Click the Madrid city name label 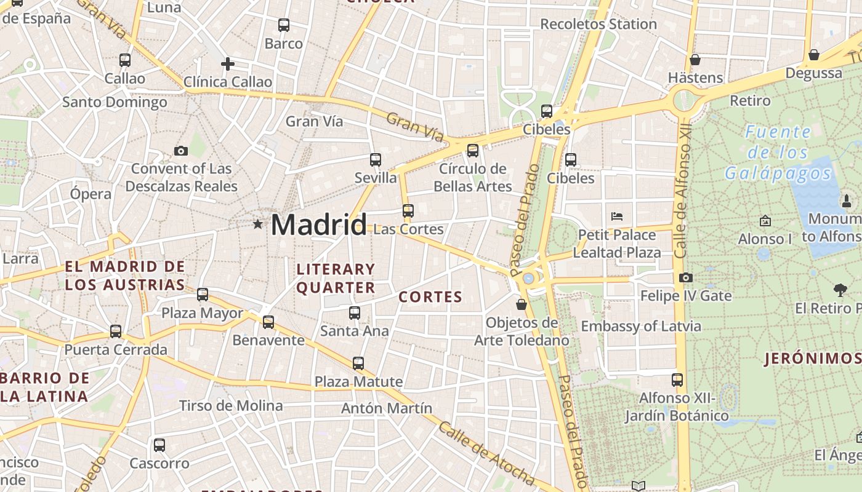(318, 224)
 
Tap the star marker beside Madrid (257, 224)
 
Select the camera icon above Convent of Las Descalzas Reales (181, 151)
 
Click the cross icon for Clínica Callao (228, 64)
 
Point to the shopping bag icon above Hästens (695, 60)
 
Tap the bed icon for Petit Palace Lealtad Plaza (617, 216)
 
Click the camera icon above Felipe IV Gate (686, 278)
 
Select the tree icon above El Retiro (840, 290)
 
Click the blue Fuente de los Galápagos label (778, 152)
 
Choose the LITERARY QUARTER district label (336, 278)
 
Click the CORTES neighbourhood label (430, 297)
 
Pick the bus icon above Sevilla (376, 160)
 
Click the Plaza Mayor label (202, 313)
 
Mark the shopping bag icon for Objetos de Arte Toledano (522, 304)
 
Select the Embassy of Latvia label (641, 326)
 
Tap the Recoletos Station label (598, 24)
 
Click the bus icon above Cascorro (159, 445)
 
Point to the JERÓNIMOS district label (812, 359)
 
